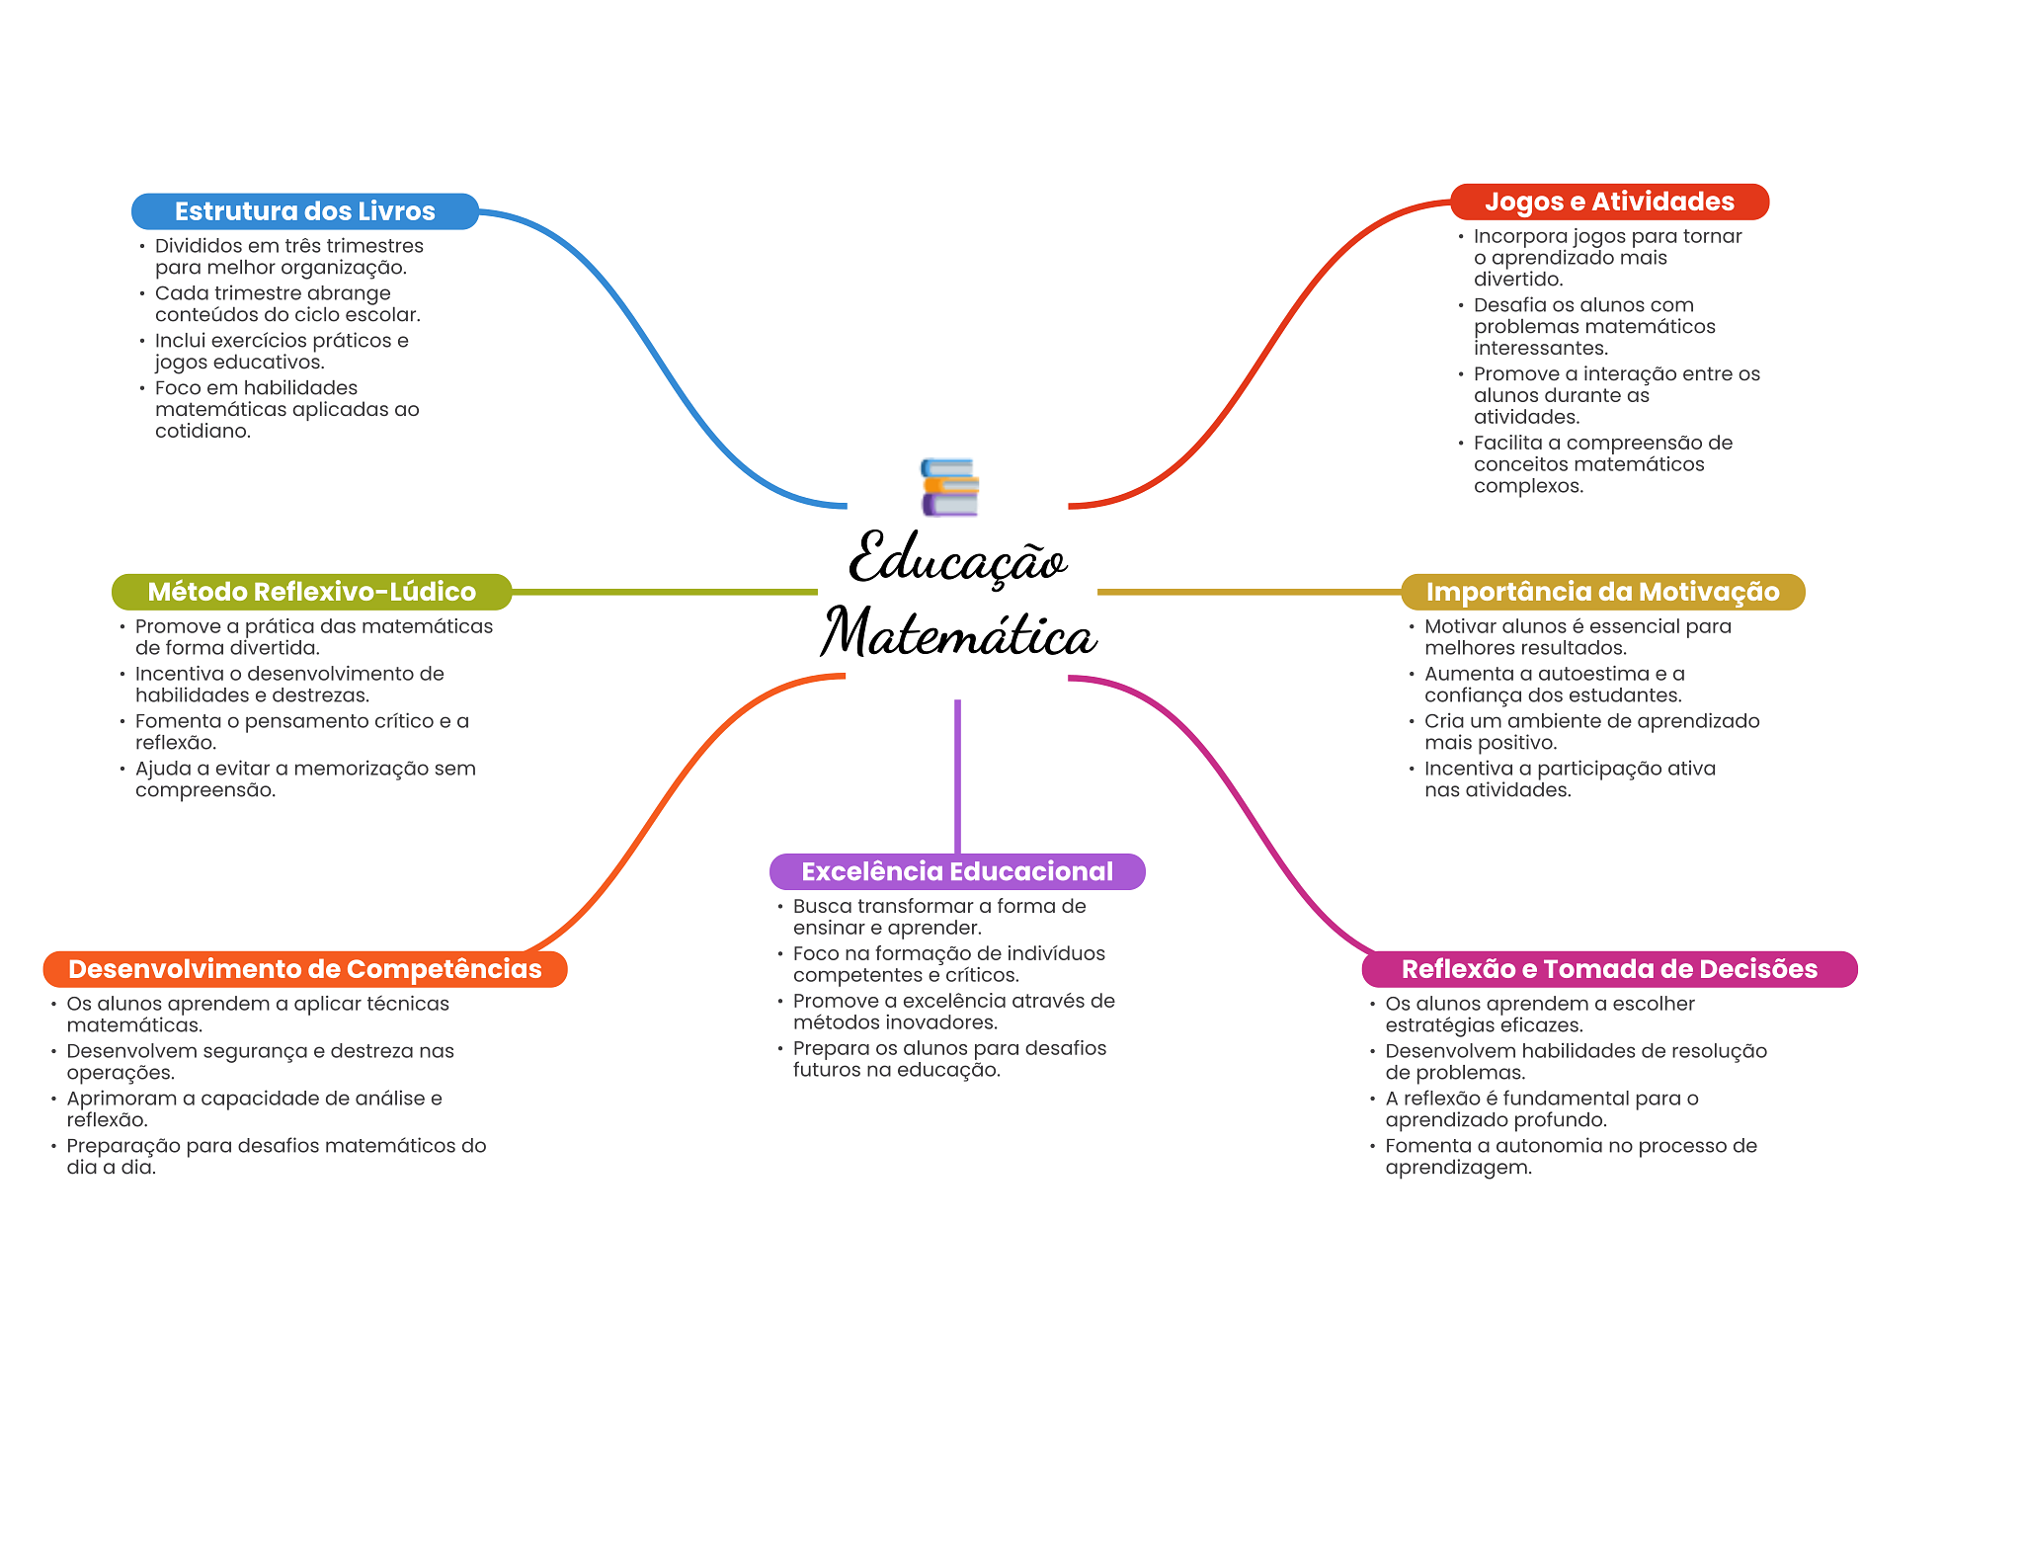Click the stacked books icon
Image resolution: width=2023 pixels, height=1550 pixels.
pos(949,487)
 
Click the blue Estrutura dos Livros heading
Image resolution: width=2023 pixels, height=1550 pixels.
pos(304,211)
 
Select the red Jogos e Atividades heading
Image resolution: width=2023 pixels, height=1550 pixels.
pos(1609,202)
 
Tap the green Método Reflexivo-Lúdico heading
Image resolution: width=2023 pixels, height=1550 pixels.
pos(311,592)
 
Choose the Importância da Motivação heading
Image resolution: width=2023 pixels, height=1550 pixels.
pos(1602,592)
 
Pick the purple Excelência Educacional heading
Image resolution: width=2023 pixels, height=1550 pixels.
pos(956,871)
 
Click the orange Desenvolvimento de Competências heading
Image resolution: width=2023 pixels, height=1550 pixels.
pos(304,969)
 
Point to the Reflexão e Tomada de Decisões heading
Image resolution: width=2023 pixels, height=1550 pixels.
pos(1609,969)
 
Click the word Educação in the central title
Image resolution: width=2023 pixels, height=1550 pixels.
pos(957,559)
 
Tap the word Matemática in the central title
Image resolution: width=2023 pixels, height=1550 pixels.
pos(958,633)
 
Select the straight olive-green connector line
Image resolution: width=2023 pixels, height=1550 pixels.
pos(664,592)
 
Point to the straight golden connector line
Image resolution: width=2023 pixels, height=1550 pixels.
pos(1249,592)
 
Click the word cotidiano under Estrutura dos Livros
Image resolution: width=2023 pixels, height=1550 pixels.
pos(202,432)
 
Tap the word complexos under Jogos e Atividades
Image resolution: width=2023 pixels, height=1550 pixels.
pos(1527,486)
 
